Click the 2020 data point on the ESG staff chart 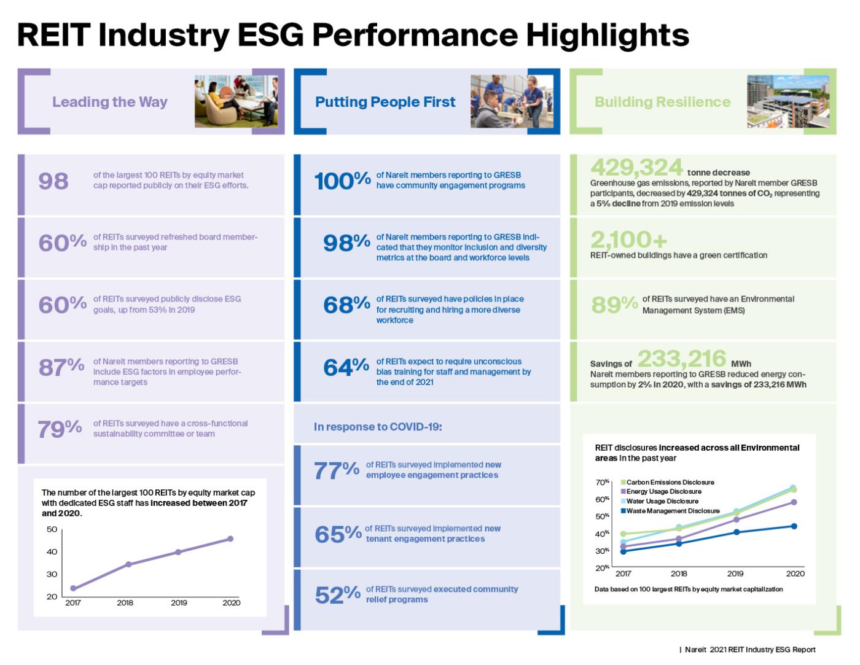pyautogui.click(x=230, y=539)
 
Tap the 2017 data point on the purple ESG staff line pyautogui.click(x=73, y=588)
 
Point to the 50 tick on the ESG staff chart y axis pyautogui.click(x=52, y=529)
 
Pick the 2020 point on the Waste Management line pyautogui.click(x=794, y=526)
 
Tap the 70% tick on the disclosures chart pyautogui.click(x=602, y=482)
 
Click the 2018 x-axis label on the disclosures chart pyautogui.click(x=679, y=574)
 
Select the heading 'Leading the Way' pyautogui.click(x=110, y=102)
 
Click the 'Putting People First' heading pyautogui.click(x=385, y=102)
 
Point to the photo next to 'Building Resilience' pyautogui.click(x=788, y=101)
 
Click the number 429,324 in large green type pyautogui.click(x=636, y=167)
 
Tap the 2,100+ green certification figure pyautogui.click(x=628, y=239)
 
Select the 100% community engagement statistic pyautogui.click(x=342, y=181)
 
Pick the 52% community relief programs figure pyautogui.click(x=337, y=594)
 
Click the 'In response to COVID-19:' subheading pyautogui.click(x=378, y=426)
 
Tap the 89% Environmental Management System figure pyautogui.click(x=614, y=305)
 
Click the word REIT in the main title pyautogui.click(x=53, y=35)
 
